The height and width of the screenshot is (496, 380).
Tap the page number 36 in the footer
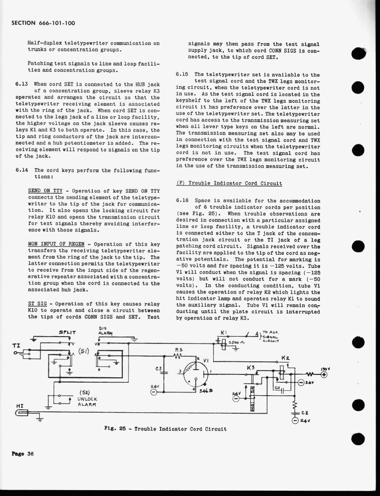point(30,453)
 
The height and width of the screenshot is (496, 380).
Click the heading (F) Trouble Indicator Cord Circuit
point(229,183)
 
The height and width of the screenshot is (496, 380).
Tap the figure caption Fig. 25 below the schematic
point(165,429)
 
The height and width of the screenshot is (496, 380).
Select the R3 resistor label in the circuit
point(178,349)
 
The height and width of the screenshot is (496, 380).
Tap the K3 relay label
point(250,368)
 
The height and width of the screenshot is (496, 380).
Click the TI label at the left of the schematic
point(15,345)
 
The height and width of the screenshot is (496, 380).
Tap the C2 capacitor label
point(305,413)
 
